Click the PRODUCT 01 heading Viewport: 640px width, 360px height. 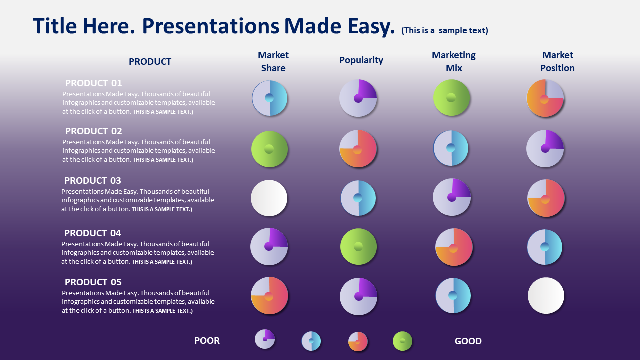click(x=93, y=83)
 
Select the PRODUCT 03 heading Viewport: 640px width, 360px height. click(x=93, y=181)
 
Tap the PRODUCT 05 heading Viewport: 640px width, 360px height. click(x=93, y=282)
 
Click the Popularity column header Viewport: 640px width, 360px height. click(x=361, y=60)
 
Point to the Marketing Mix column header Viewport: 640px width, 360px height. click(x=454, y=61)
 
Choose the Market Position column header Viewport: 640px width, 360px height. click(x=557, y=61)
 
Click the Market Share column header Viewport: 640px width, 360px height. click(x=273, y=61)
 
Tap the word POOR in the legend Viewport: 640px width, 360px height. click(x=207, y=341)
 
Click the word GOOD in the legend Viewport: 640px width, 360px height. click(x=468, y=341)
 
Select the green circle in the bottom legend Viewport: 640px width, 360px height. click(x=402, y=341)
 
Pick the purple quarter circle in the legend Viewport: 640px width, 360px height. click(x=265, y=339)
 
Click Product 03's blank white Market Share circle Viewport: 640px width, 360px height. click(x=269, y=198)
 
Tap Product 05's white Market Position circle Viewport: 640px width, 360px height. click(x=546, y=295)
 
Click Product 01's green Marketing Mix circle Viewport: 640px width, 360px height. click(x=451, y=97)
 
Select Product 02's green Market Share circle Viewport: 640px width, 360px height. click(x=269, y=149)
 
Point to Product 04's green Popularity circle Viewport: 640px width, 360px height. click(x=358, y=246)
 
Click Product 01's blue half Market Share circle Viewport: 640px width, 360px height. click(x=269, y=98)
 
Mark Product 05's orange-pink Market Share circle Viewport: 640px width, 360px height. click(x=269, y=295)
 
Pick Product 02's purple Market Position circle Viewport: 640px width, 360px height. click(x=545, y=149)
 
